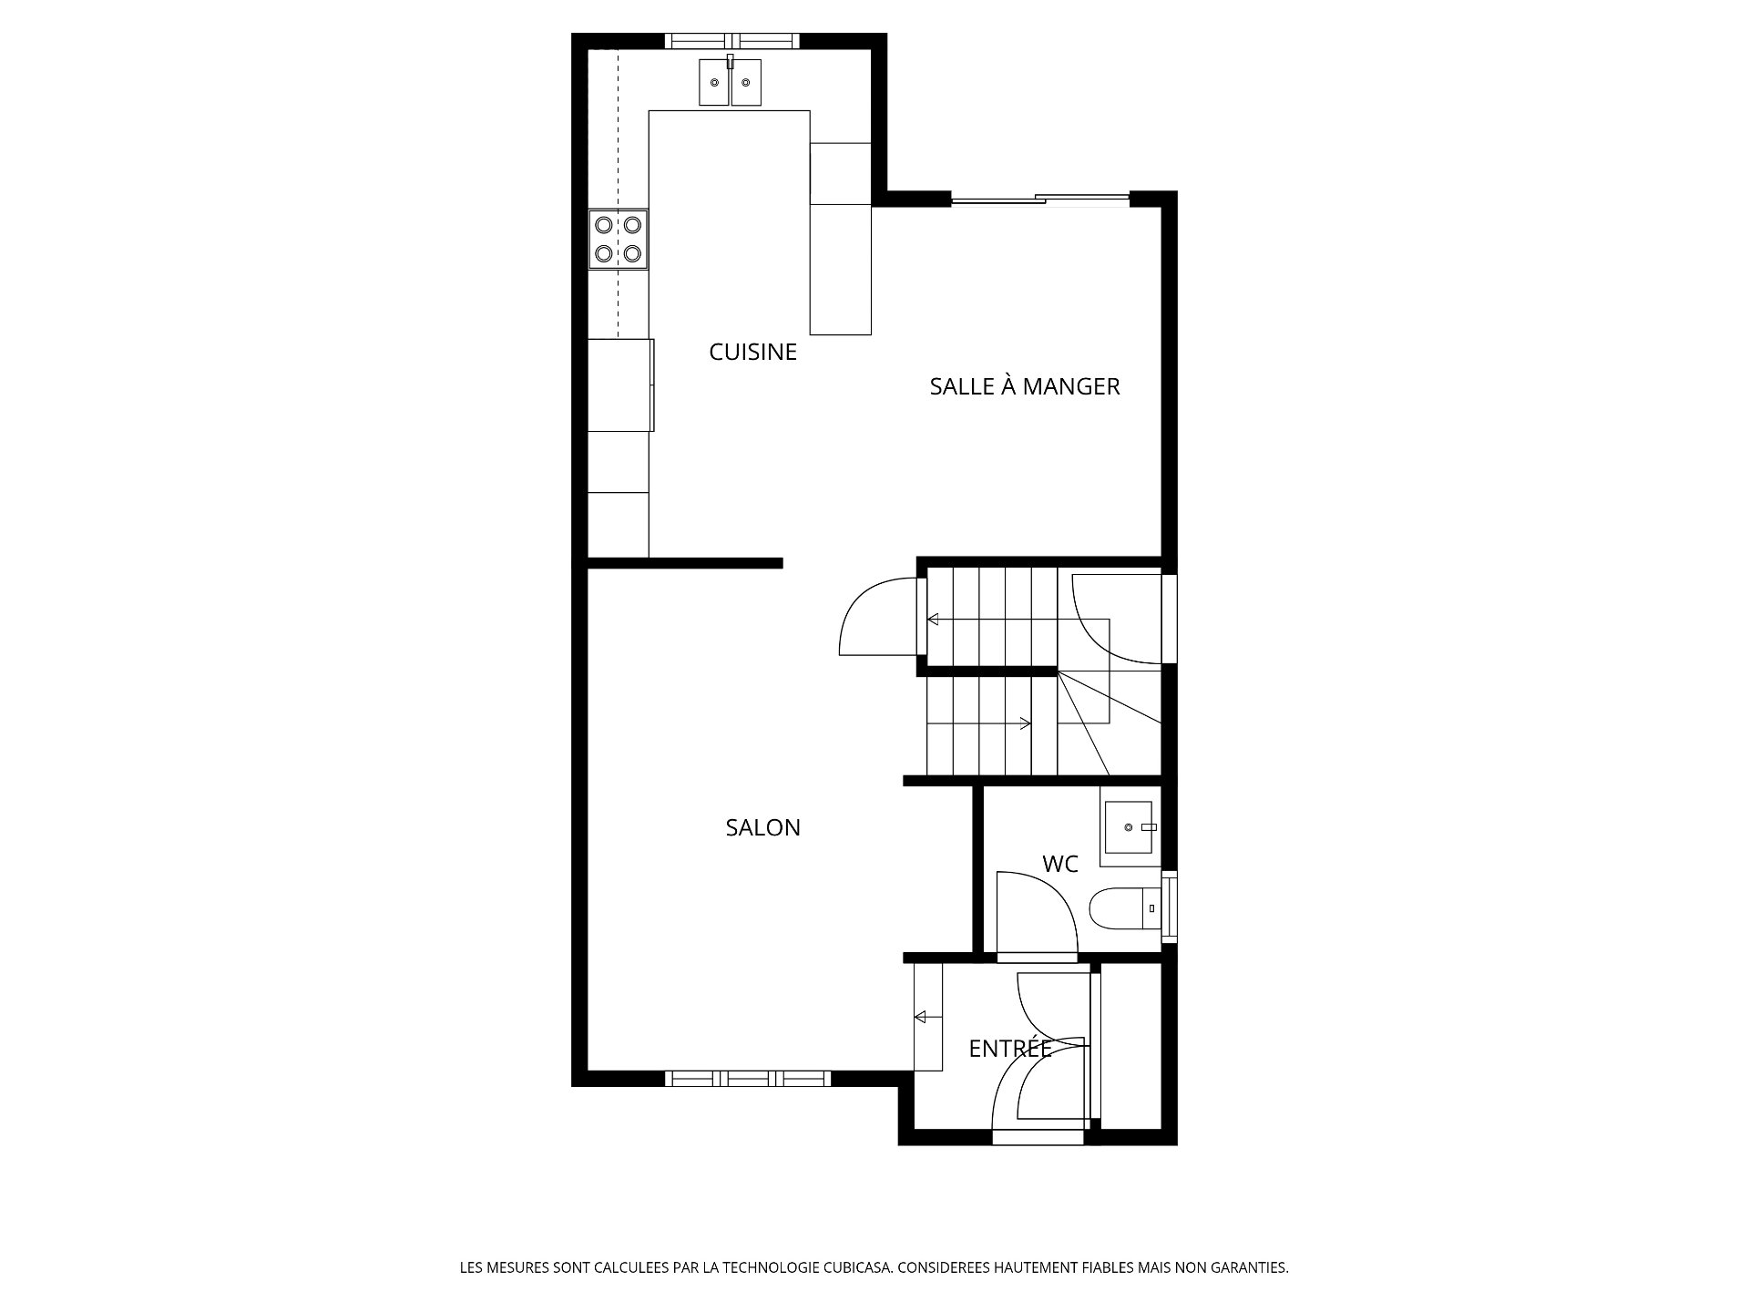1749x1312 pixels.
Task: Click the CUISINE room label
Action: click(x=752, y=352)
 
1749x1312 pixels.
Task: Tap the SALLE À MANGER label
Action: click(x=1024, y=386)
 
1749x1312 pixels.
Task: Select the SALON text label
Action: click(x=762, y=827)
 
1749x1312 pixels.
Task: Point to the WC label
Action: click(x=1060, y=864)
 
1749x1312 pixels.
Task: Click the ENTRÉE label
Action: click(x=1010, y=1049)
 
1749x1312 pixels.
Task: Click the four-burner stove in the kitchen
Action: click(x=619, y=240)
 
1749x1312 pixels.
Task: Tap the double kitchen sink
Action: click(x=731, y=82)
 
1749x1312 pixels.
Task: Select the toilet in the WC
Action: click(x=1126, y=907)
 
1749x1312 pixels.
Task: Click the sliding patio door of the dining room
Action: click(x=1039, y=198)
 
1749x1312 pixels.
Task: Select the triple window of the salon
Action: click(x=747, y=1079)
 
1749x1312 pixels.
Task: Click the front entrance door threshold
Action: click(x=1038, y=1137)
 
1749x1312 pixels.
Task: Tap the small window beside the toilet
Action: click(x=1171, y=907)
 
